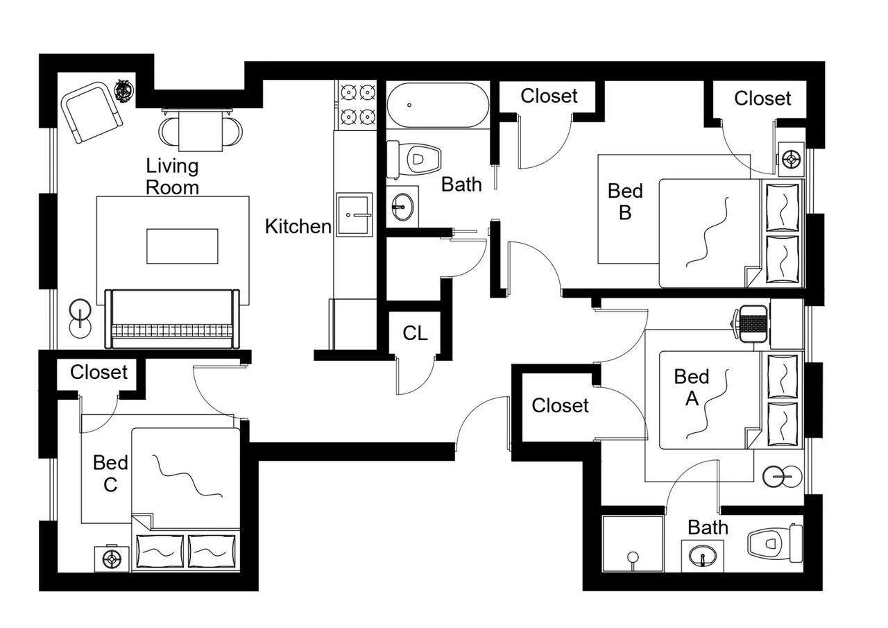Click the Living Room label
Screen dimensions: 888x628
(x=172, y=177)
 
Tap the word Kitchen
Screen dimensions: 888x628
(x=298, y=227)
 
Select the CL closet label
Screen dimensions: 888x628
(x=415, y=333)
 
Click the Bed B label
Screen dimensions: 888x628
(x=625, y=202)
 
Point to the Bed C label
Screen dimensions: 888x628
(x=110, y=473)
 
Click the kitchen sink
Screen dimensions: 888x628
(x=355, y=214)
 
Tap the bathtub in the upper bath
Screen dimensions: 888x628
(x=438, y=105)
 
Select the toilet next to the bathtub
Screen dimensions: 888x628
(x=414, y=160)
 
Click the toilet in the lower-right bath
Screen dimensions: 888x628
(x=775, y=543)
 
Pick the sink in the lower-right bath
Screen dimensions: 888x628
(x=703, y=556)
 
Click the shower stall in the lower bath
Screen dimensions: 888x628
(x=632, y=543)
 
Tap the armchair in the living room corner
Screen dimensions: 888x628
(x=92, y=112)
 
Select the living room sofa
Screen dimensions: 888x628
(x=172, y=319)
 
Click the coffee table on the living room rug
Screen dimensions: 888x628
(x=182, y=246)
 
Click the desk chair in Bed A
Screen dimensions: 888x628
(x=749, y=323)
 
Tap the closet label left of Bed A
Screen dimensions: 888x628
(x=560, y=405)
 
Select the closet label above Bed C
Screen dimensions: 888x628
(x=99, y=372)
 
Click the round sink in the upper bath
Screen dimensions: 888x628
(x=403, y=207)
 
